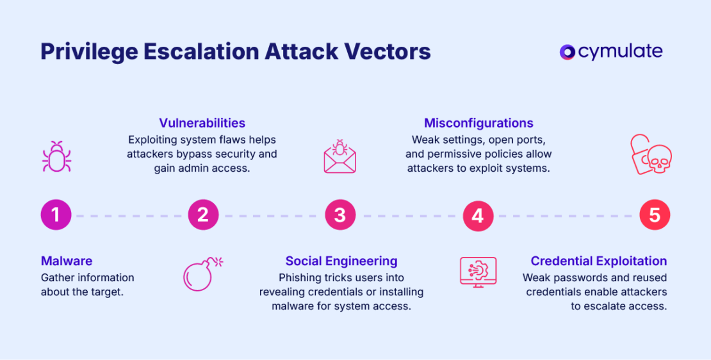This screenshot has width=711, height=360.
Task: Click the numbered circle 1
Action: click(56, 215)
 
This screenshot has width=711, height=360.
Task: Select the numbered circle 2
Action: click(203, 215)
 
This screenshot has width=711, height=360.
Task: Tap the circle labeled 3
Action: click(340, 215)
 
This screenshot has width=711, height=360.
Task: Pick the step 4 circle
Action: click(478, 215)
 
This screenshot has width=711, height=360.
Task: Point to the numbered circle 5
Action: click(655, 215)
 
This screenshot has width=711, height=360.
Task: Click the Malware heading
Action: click(67, 261)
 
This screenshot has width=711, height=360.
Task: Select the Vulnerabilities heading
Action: click(202, 122)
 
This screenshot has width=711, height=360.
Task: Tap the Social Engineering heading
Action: click(341, 261)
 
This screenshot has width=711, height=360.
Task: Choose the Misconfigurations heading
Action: click(478, 122)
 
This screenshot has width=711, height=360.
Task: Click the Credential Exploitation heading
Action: click(599, 261)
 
